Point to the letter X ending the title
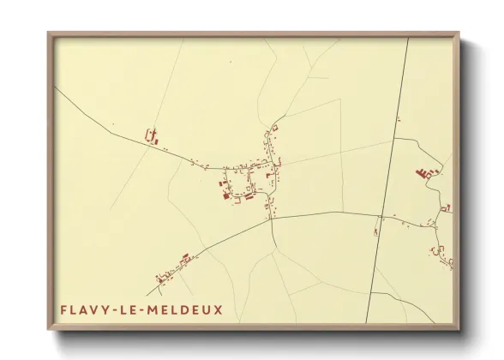coord(218,309)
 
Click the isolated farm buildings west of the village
coord(152,135)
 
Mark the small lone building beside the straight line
coord(376,229)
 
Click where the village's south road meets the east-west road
coord(272,217)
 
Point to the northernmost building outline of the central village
coord(275,127)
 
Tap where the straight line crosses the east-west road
coord(380,215)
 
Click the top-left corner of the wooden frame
coord(49,33)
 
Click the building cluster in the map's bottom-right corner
coord(442,255)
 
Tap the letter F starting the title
coord(64,309)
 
